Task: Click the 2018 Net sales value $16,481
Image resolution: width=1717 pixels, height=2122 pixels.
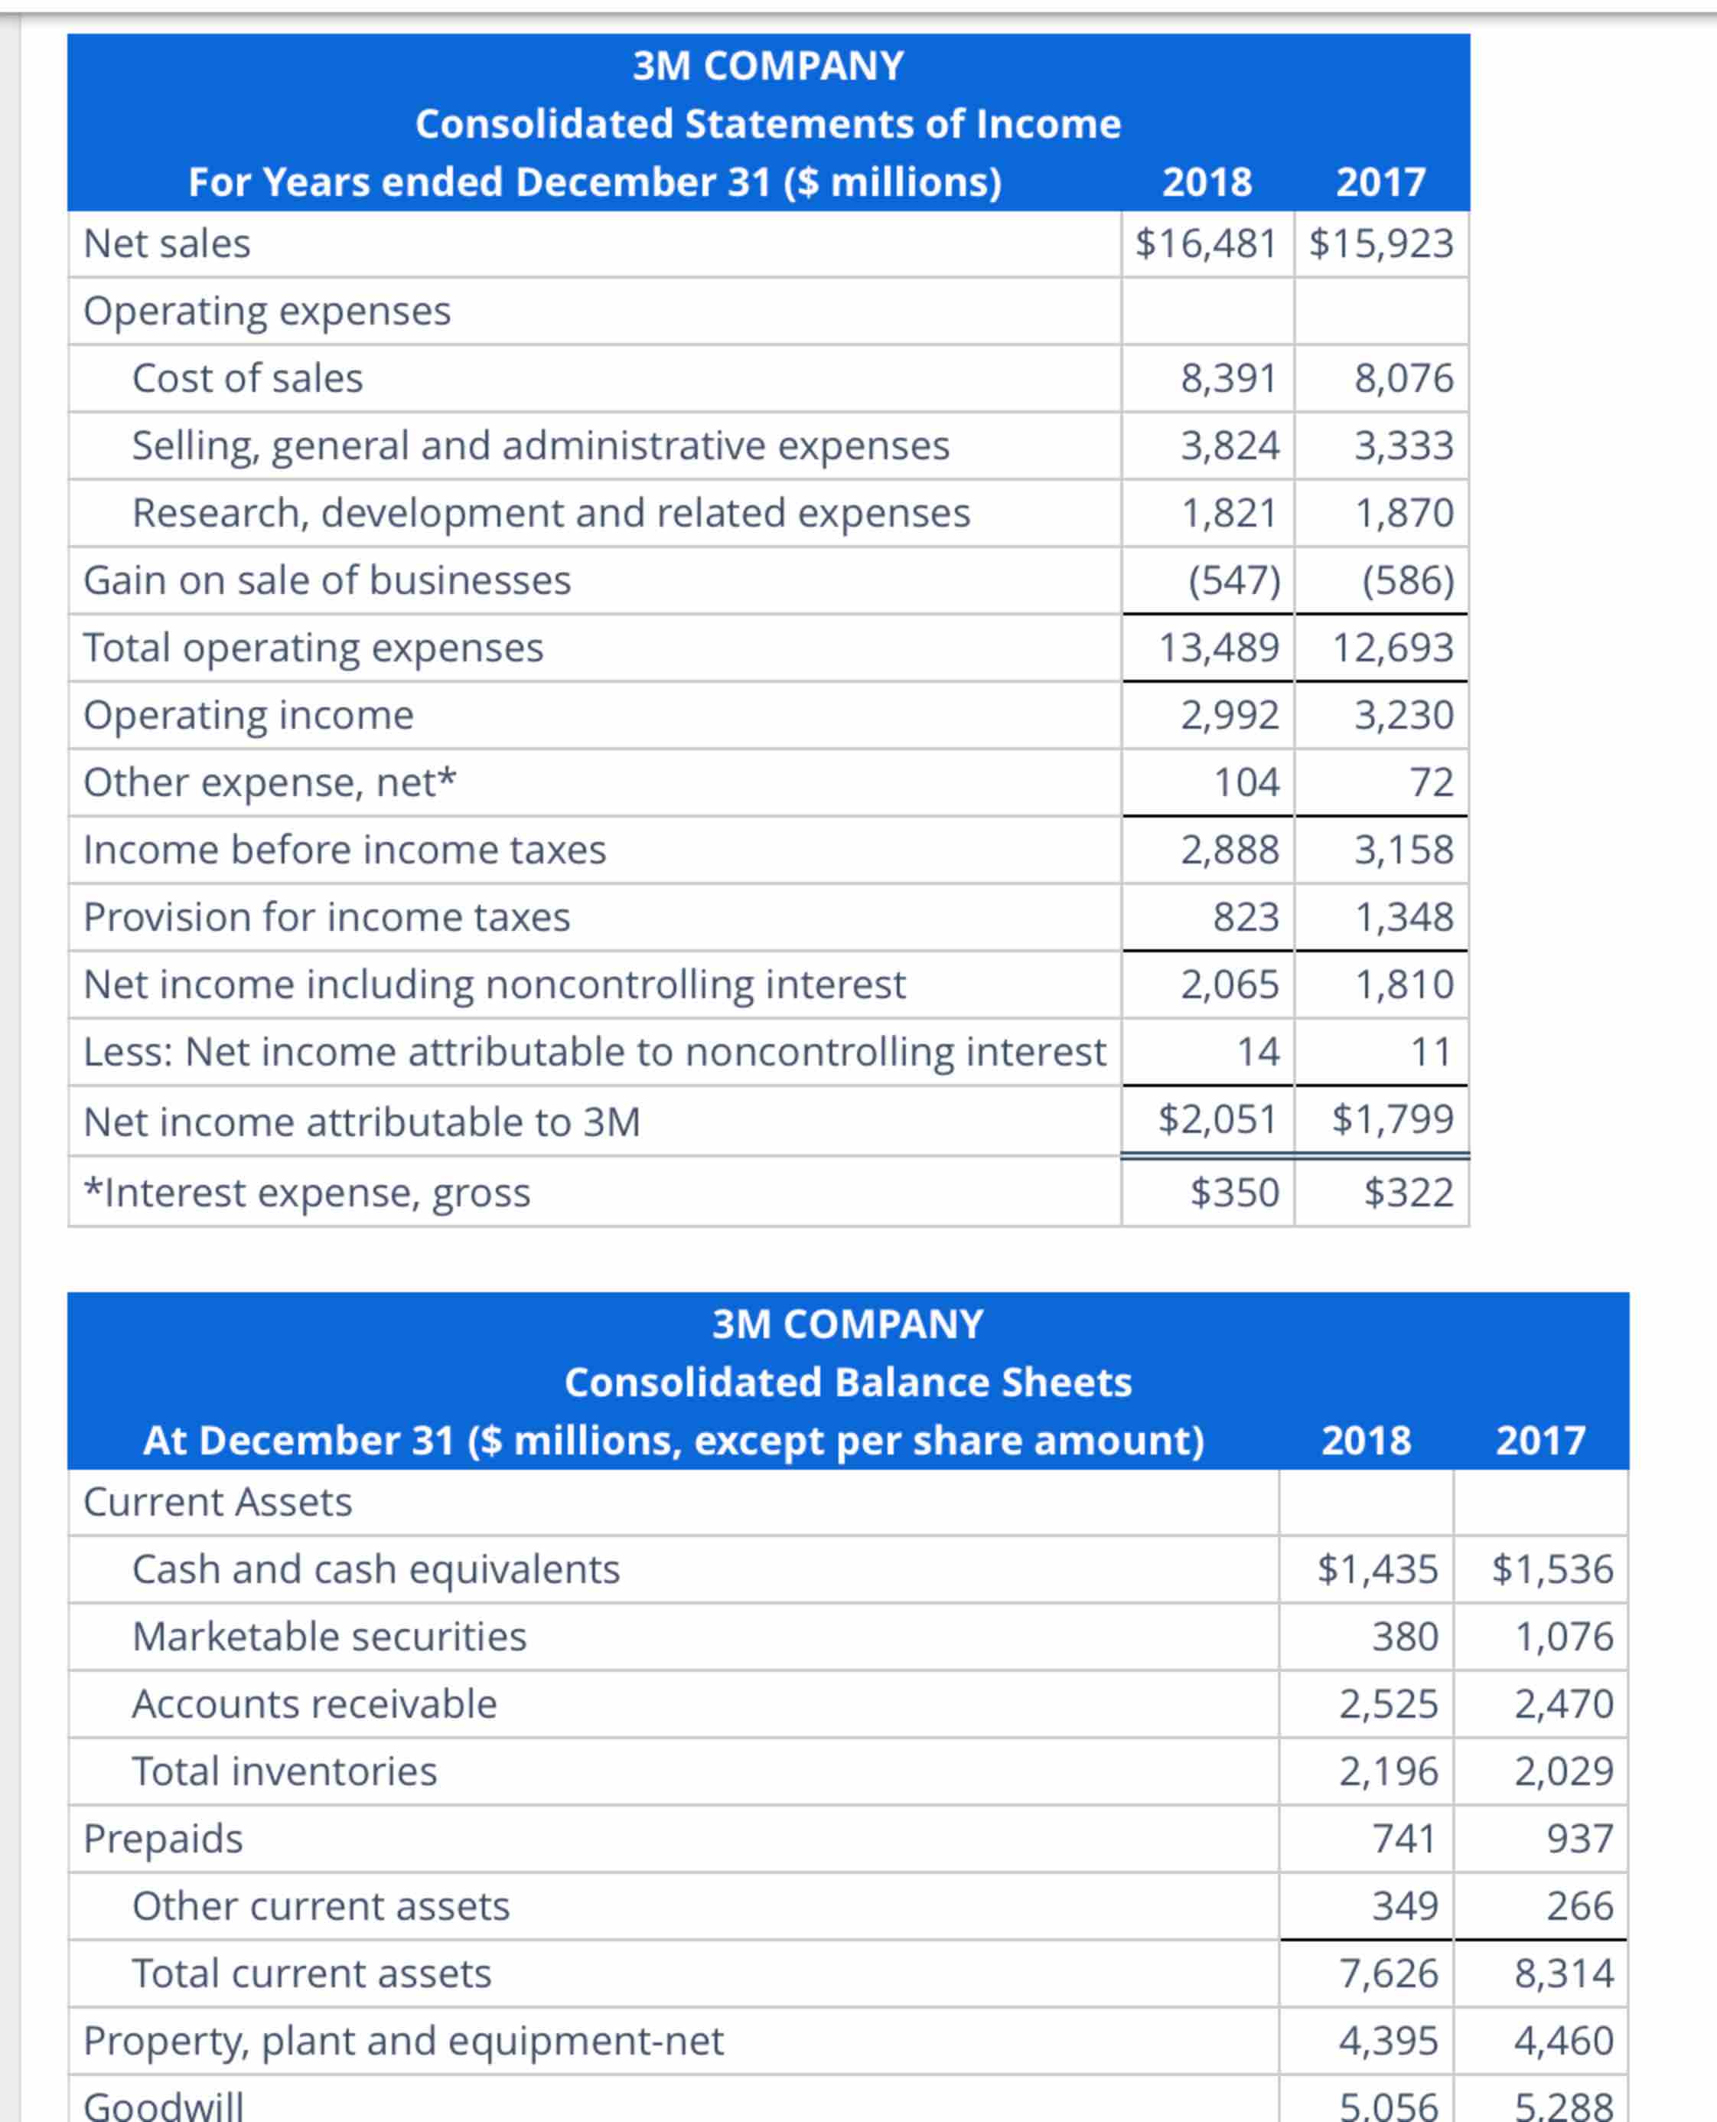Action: tap(1206, 243)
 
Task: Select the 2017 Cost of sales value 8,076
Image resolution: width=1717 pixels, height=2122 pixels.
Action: tap(1403, 378)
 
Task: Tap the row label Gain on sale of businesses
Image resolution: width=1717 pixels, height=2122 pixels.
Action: tap(327, 581)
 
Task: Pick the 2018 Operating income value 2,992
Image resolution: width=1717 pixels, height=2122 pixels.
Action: tap(1230, 715)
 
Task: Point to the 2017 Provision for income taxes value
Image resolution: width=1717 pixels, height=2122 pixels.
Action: tap(1403, 917)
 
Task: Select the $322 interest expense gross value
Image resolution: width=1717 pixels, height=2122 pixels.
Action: tap(1409, 1192)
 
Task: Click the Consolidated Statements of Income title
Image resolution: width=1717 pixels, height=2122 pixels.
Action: tap(767, 124)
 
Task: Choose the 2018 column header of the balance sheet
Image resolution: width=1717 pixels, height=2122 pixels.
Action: tap(1365, 1441)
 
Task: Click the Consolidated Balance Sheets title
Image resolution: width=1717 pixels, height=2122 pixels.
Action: tap(848, 1382)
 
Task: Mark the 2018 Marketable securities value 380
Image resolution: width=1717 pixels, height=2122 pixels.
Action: tap(1405, 1636)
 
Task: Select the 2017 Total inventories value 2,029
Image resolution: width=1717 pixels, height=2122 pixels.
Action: tap(1564, 1771)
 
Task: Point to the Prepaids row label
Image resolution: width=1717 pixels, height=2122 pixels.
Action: tap(163, 1838)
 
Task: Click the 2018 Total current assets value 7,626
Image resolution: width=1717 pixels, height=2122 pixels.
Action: tap(1389, 1973)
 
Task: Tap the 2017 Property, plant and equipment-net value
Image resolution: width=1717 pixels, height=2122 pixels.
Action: tap(1564, 2040)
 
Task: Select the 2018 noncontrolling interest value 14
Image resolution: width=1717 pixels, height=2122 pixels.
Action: tap(1258, 1052)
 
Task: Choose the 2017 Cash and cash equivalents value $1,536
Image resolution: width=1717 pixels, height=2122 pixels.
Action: tap(1552, 1569)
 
